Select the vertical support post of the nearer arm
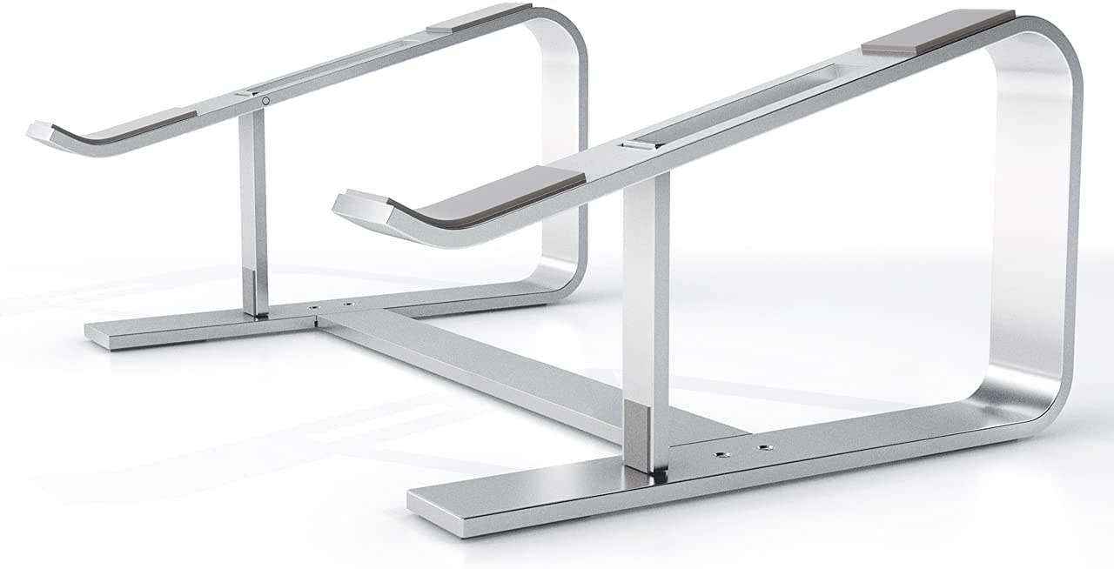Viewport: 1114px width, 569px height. tap(647, 287)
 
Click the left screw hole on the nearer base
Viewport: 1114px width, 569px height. tap(721, 454)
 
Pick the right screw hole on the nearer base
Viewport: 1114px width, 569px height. tap(764, 447)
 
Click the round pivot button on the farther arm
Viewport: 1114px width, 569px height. tap(265, 101)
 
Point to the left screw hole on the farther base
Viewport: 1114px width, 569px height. tap(315, 308)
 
